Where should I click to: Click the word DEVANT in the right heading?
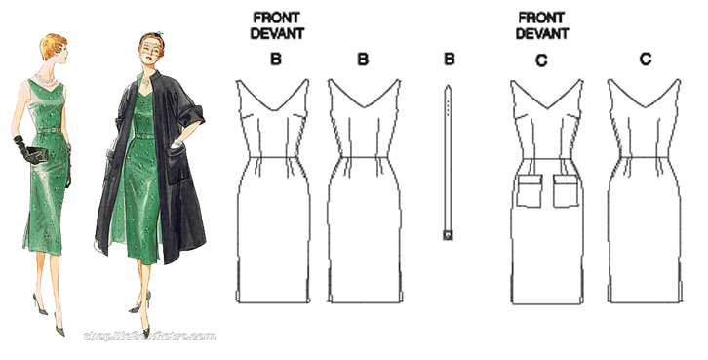click(543, 32)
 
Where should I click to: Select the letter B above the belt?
click(449, 60)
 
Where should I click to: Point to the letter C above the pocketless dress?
click(645, 60)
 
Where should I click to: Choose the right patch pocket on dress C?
click(567, 192)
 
